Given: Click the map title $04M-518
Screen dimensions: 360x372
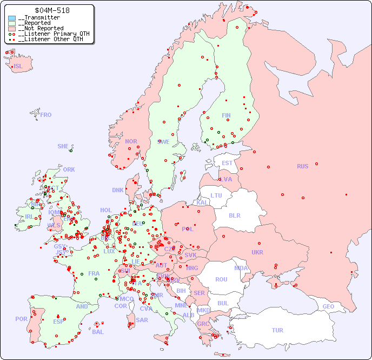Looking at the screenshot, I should click(51, 10).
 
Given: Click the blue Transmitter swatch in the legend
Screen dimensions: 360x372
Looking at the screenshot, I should click(12, 18).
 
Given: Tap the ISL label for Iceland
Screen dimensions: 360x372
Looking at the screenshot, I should click(18, 67).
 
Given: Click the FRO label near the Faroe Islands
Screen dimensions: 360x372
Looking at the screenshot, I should click(46, 115).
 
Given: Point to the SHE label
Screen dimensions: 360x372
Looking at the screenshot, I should click(63, 146).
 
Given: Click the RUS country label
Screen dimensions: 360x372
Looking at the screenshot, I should click(302, 166).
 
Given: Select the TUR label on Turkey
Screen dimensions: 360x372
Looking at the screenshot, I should click(277, 330).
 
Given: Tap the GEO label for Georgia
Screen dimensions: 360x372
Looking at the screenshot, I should click(328, 306).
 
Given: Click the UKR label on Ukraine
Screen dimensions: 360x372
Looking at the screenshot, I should click(257, 252).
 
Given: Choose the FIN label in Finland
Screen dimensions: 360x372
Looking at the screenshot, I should click(226, 115).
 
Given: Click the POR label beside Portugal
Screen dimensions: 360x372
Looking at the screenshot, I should click(21, 319).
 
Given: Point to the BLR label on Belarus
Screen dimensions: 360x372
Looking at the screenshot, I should click(234, 215).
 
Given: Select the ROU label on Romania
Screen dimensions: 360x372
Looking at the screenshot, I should click(221, 279).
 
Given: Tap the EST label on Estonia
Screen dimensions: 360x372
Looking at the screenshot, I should click(227, 163).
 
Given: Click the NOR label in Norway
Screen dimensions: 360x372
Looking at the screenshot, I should click(131, 141).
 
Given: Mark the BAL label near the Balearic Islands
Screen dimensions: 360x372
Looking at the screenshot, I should click(97, 332).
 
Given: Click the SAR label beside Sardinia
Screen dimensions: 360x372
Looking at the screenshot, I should click(142, 320).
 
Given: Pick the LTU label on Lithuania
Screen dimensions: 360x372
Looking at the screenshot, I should click(216, 195).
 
